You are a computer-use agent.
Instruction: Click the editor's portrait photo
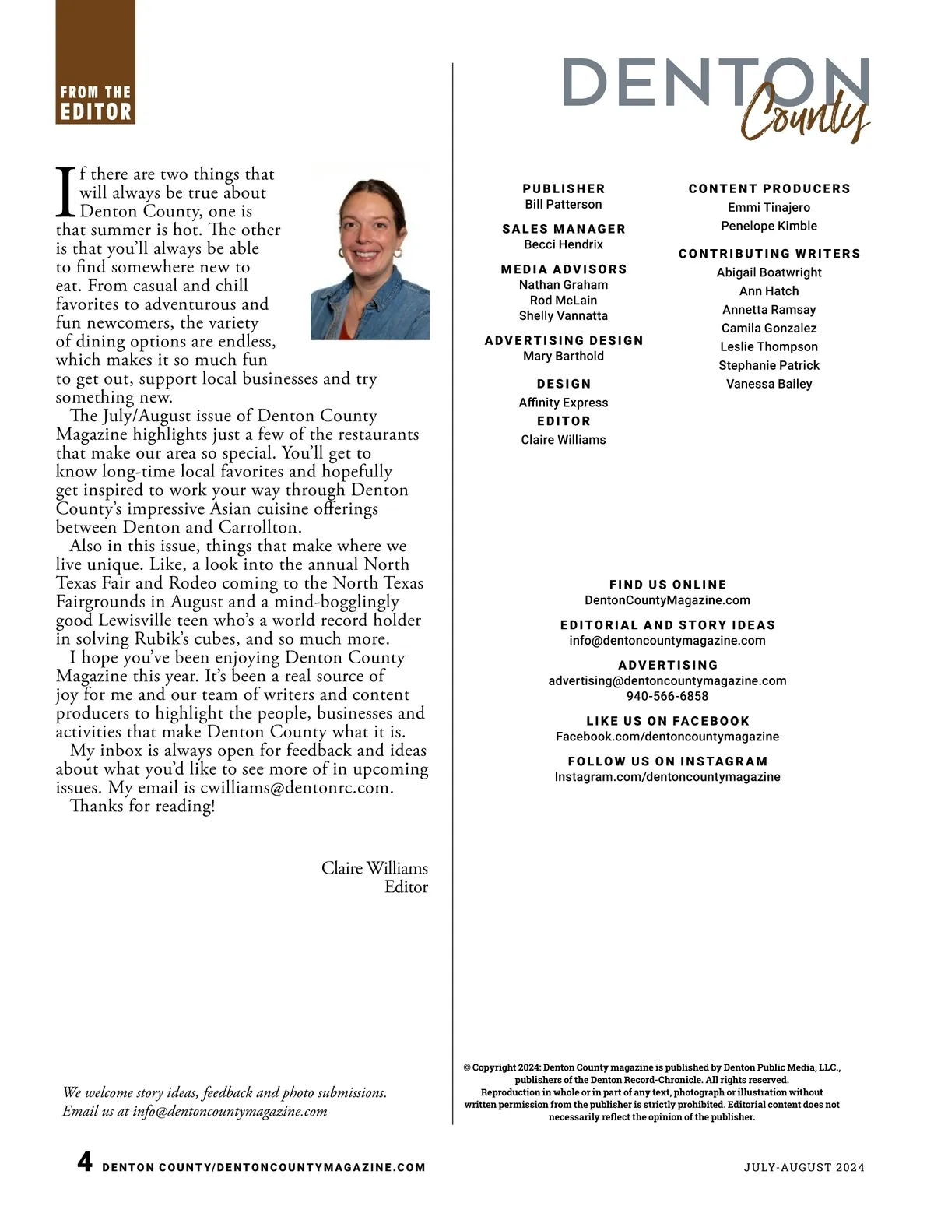[370, 252]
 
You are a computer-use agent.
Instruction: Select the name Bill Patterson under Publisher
[563, 205]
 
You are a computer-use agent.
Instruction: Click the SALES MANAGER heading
[564, 229]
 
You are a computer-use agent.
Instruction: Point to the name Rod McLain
[563, 301]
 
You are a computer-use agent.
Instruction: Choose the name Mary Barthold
[563, 357]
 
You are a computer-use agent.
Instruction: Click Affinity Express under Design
[563, 403]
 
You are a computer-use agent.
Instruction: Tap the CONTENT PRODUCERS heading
[769, 189]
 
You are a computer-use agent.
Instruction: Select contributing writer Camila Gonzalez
[769, 329]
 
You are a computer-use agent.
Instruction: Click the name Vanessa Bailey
[769, 385]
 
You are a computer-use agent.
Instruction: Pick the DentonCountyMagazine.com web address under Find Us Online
[667, 600]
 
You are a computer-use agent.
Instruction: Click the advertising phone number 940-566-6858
[667, 697]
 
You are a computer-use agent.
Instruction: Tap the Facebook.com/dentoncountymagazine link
[667, 737]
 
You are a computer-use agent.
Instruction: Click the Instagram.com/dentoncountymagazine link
[667, 777]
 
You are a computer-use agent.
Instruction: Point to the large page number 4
[85, 1162]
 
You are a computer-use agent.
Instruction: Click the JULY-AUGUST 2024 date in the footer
[804, 1167]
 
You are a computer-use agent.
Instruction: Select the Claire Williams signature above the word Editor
[374, 868]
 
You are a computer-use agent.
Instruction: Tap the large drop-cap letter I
[66, 192]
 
